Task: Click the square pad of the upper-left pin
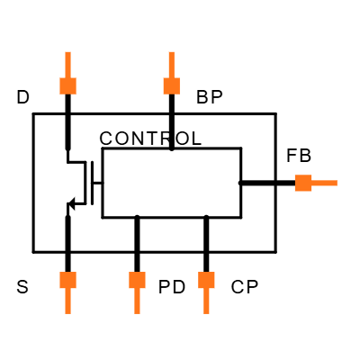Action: click(67, 85)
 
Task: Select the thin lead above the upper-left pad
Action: click(67, 64)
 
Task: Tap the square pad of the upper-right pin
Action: click(171, 85)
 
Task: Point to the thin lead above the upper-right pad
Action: click(171, 64)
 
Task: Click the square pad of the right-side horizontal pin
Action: click(303, 183)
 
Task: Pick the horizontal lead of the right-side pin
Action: click(325, 183)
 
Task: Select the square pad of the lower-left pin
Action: click(67, 280)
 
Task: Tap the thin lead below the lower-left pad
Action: click(67, 301)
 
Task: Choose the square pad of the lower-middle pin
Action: click(137, 280)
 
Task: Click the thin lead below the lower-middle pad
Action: click(137, 301)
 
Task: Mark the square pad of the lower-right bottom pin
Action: click(206, 280)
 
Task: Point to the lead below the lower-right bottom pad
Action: click(206, 301)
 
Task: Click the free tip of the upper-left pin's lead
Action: click(67, 52)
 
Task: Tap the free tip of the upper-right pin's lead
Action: click(171, 52)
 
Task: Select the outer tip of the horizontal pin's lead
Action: click(337, 183)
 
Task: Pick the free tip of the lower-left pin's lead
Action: click(67, 313)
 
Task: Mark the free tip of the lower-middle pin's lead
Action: click(137, 313)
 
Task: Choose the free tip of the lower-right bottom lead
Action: click(206, 313)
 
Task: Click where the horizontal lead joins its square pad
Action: click(312, 183)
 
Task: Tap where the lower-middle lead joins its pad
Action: click(137, 289)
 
